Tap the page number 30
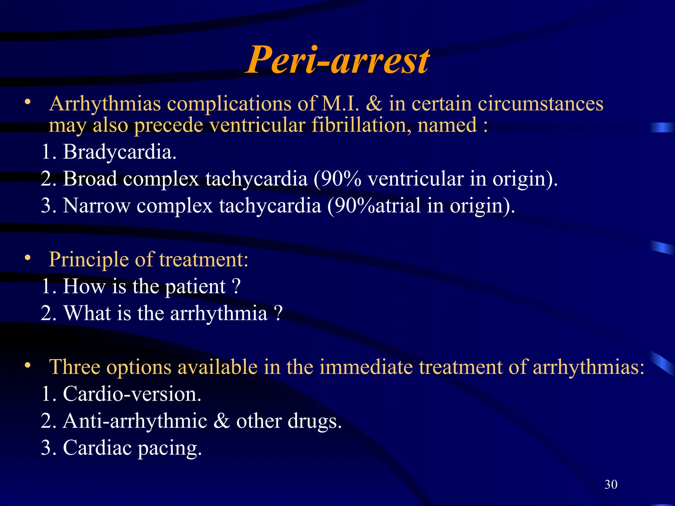611,484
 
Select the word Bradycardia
119,152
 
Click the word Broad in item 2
90,179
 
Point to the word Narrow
96,206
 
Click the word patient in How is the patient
195,287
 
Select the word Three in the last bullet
74,367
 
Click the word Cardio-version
132,394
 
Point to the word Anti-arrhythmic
135,421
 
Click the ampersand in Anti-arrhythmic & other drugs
221,421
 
